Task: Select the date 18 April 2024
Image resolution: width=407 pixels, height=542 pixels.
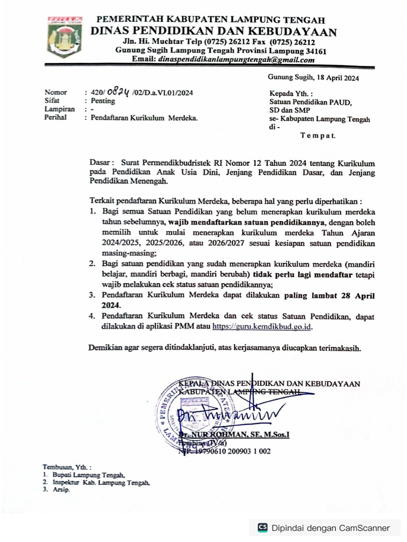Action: coord(338,78)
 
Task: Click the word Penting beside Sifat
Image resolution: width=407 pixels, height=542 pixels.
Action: coord(103,101)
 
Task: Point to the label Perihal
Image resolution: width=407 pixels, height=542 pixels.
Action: coord(56,118)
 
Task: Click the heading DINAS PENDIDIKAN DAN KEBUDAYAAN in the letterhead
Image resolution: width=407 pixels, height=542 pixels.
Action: coord(214,32)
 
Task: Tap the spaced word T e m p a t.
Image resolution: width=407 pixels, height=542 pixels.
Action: coord(317,135)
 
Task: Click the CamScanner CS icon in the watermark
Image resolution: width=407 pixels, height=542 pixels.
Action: coord(262,528)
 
